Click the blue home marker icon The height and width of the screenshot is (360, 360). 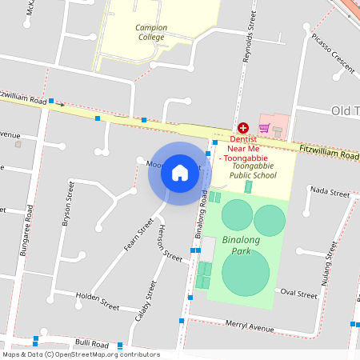tap(180, 173)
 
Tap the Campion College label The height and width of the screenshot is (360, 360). tap(150, 32)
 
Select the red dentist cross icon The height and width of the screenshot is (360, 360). tap(242, 128)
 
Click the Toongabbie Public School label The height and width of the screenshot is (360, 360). tap(253, 170)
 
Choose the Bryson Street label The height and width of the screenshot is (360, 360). tap(69, 203)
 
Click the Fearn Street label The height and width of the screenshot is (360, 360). tap(138, 235)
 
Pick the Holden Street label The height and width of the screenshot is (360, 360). tap(97, 301)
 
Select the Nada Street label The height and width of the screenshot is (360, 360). tap(330, 192)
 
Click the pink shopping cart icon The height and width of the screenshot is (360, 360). tap(264, 128)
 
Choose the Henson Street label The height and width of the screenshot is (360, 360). tap(170, 243)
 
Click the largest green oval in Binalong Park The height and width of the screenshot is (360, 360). tap(245, 271)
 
